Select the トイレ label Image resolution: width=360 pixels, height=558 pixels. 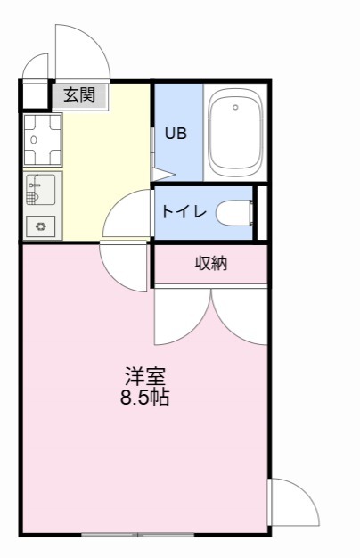click(x=184, y=212)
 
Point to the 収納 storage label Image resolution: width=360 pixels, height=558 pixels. click(x=211, y=263)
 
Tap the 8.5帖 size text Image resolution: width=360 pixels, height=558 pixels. click(x=145, y=398)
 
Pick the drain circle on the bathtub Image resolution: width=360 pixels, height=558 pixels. click(x=235, y=108)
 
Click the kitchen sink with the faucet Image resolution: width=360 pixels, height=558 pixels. click(x=41, y=189)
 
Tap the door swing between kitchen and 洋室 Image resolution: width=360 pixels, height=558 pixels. click(x=122, y=262)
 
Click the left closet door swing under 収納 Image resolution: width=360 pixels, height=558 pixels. click(x=182, y=316)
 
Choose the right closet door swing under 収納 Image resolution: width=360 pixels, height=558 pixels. click(x=240, y=316)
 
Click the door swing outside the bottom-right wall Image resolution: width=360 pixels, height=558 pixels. click(x=291, y=504)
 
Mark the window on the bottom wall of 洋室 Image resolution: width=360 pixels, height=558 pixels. click(x=137, y=535)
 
